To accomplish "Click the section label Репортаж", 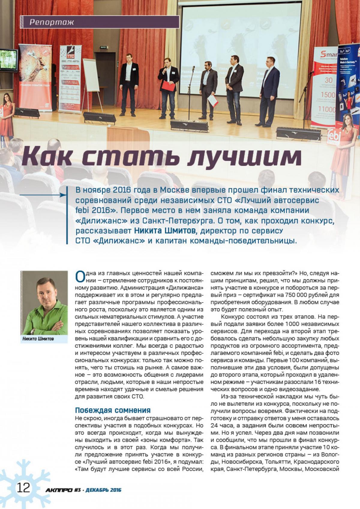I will point(52,22).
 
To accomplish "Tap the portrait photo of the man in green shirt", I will point(44,303).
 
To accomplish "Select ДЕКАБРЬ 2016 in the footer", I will point(103,490).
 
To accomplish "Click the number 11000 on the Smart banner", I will point(327,109).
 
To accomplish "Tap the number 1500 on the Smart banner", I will point(328,95).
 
